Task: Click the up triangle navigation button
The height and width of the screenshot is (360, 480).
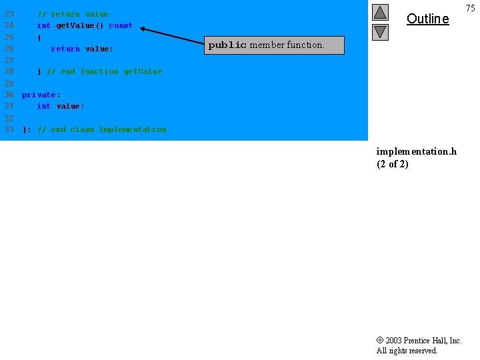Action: click(380, 12)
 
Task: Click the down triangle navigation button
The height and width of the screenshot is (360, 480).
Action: click(380, 32)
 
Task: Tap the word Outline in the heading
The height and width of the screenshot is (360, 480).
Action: click(427, 19)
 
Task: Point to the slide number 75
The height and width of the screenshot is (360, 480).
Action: click(470, 8)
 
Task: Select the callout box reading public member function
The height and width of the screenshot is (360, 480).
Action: click(275, 45)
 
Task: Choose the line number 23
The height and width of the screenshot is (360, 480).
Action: click(9, 14)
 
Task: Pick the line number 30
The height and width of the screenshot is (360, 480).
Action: click(9, 95)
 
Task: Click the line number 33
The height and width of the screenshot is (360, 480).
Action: click(9, 129)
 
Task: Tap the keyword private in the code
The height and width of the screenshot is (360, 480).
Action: click(39, 95)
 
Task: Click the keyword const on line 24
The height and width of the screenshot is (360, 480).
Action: click(121, 25)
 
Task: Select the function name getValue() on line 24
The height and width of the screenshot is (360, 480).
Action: click(80, 25)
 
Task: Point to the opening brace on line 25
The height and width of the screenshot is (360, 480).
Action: click(39, 37)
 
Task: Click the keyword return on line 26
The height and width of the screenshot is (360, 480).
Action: click(65, 49)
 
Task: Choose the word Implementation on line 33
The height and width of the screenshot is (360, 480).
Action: click(133, 129)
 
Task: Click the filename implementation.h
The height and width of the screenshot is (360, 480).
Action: click(417, 151)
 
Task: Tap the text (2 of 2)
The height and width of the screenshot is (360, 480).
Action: click(393, 164)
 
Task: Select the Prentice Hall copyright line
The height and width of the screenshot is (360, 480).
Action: click(419, 341)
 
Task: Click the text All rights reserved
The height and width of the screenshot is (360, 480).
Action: click(407, 351)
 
